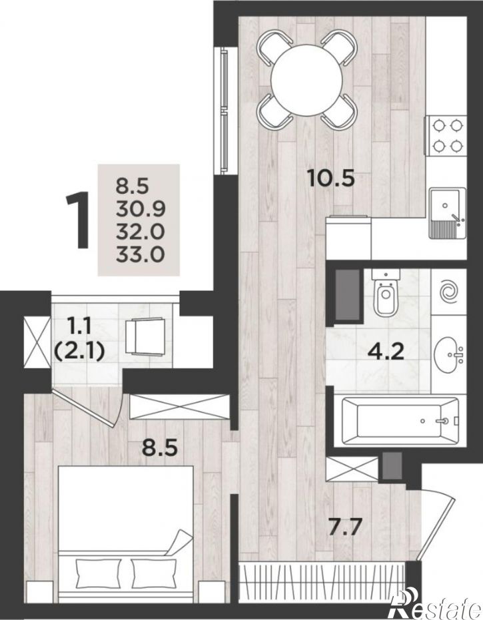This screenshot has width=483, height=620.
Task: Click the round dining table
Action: [x=306, y=81]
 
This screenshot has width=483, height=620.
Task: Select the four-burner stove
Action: [x=446, y=136]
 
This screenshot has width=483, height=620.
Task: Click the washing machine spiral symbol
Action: [x=450, y=292]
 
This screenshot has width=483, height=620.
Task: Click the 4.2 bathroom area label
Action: [x=386, y=352]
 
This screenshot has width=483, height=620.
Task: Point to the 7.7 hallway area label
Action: [x=346, y=527]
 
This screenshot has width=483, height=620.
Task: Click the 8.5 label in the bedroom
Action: [x=160, y=449]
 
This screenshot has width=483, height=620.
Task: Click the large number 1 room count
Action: [x=79, y=220]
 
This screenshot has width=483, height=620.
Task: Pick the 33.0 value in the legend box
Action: [x=140, y=254]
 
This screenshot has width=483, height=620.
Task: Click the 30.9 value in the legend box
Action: [x=140, y=208]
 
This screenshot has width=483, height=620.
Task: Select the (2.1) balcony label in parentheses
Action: [x=79, y=351]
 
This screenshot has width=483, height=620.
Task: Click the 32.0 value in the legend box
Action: [x=140, y=231]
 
